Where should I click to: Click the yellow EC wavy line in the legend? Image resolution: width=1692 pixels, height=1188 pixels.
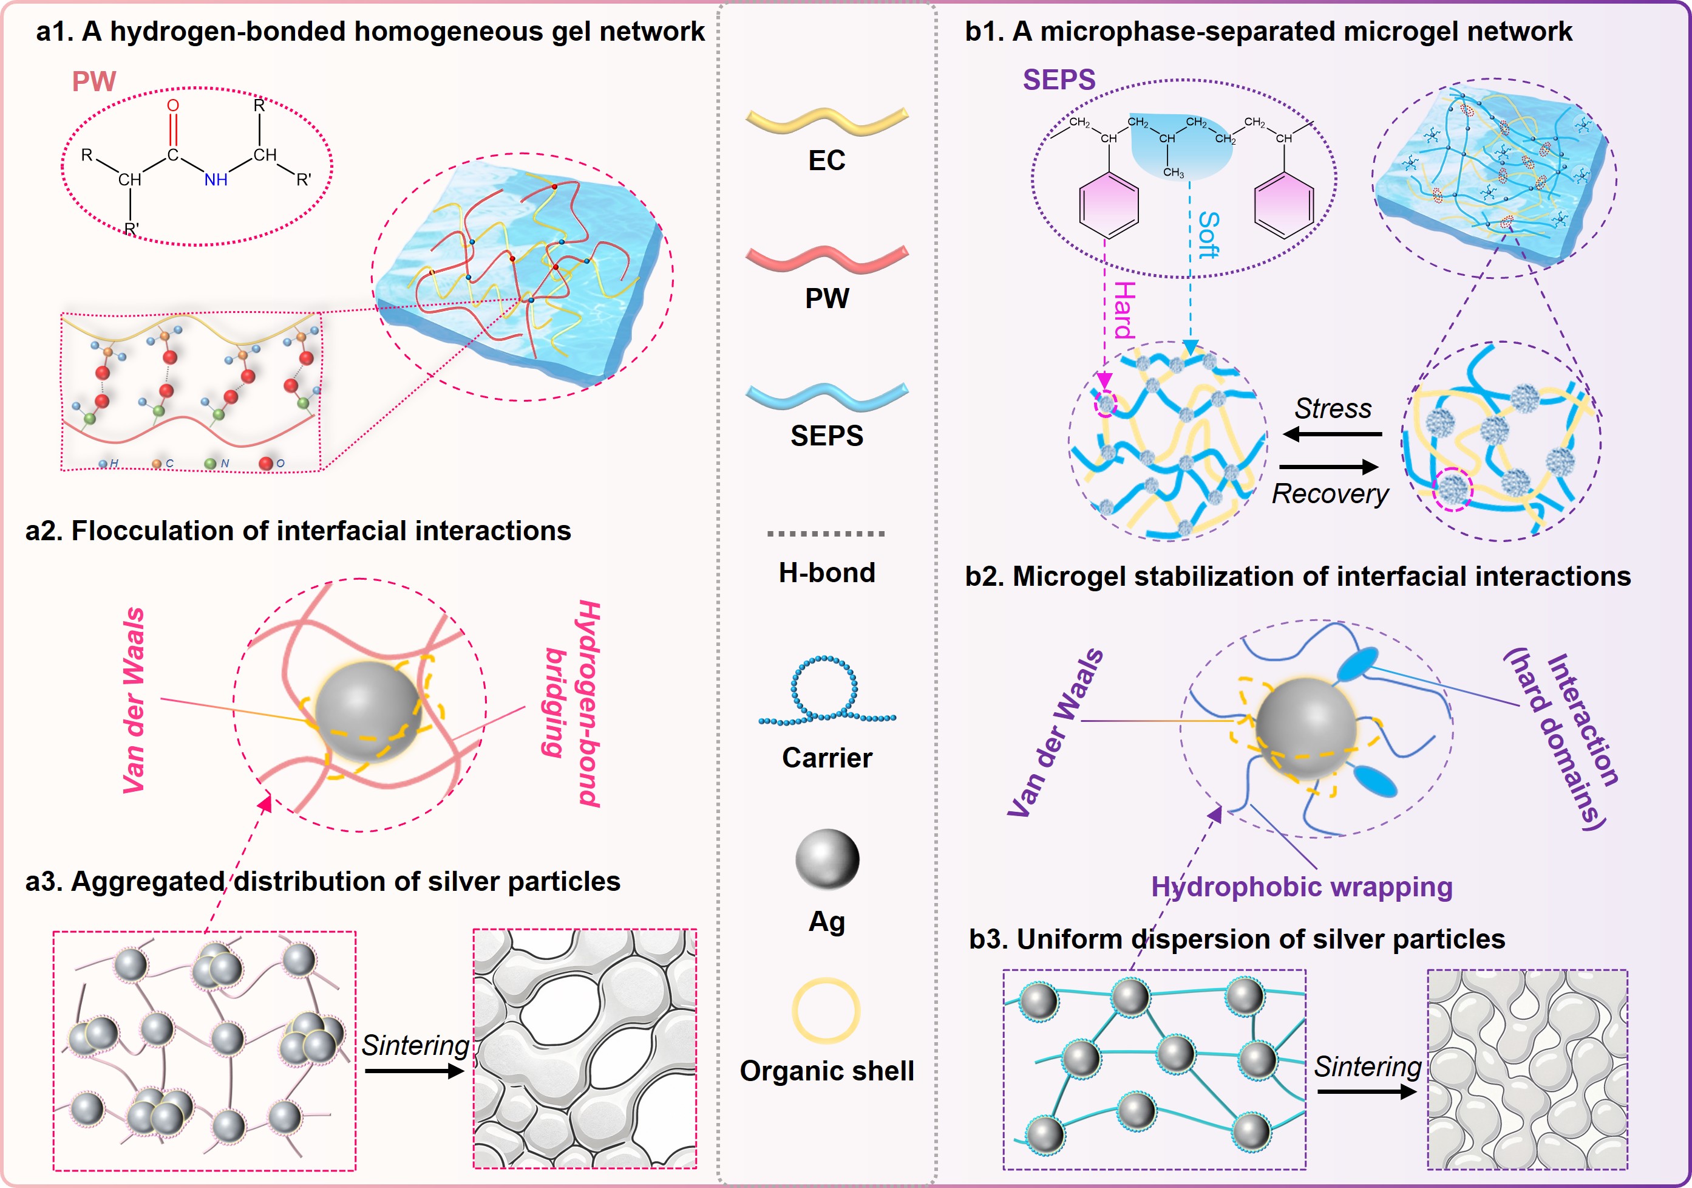click(827, 120)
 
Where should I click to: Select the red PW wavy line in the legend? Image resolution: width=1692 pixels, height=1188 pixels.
click(827, 258)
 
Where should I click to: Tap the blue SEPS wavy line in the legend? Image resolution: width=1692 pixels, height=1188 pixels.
click(827, 396)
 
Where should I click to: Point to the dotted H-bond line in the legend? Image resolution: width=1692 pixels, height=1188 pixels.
click(826, 533)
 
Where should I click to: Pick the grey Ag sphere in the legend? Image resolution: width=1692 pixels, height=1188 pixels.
click(827, 859)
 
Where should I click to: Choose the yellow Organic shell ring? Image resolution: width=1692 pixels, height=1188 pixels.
click(826, 1011)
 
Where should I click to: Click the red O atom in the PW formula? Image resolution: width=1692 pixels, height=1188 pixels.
click(172, 106)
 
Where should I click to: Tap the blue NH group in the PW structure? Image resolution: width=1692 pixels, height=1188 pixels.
click(215, 179)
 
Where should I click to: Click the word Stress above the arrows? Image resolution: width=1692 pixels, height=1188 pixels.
click(1333, 408)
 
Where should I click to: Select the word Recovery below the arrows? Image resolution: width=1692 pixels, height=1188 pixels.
click(1330, 493)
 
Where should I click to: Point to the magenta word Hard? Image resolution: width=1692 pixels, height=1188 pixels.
click(1124, 310)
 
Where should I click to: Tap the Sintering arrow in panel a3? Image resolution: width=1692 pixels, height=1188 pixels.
click(414, 1070)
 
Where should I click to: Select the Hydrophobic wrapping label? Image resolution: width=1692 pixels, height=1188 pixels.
click(1302, 887)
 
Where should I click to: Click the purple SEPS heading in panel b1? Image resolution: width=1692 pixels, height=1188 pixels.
click(1059, 80)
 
